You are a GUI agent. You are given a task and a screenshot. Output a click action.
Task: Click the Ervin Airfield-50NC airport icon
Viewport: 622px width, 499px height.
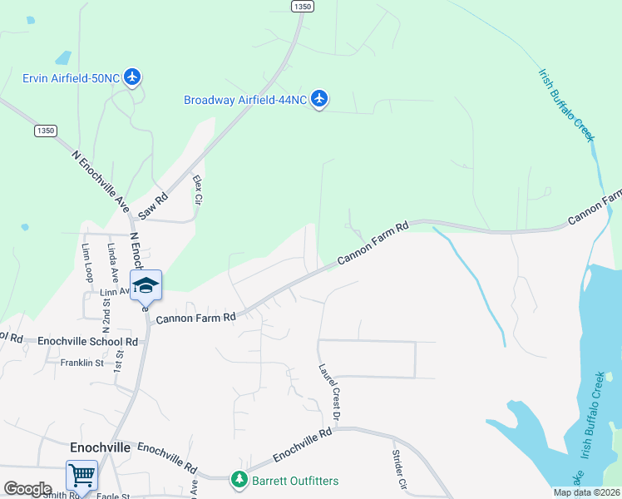pos(132,78)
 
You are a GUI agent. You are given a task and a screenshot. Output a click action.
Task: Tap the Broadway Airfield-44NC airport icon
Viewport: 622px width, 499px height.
pos(320,100)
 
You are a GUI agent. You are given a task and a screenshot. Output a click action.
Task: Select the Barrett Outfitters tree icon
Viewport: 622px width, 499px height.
pos(239,481)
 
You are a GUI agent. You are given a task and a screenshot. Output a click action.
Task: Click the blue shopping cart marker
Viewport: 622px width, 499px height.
pos(82,476)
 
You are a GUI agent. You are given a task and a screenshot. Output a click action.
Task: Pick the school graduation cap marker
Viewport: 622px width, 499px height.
pos(146,285)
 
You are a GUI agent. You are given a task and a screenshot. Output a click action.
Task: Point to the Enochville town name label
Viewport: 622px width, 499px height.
pos(100,447)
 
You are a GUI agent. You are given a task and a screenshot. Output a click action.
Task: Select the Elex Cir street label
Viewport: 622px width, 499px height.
pos(198,190)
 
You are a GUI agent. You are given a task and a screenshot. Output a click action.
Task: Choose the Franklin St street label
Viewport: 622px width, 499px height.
pos(81,363)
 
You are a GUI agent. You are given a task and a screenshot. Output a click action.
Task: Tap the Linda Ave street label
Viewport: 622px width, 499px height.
pos(111,264)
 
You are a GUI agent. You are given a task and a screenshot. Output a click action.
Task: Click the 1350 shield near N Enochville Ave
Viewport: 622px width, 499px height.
pos(46,131)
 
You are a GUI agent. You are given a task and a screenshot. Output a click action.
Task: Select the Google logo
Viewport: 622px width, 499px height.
pos(27,489)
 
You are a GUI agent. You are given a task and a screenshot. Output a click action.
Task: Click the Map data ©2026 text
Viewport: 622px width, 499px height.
pos(586,492)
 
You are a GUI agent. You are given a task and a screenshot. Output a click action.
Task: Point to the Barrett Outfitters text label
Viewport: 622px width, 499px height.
pos(297,481)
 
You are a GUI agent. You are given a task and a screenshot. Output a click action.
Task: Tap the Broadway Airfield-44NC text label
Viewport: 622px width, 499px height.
pos(245,100)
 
